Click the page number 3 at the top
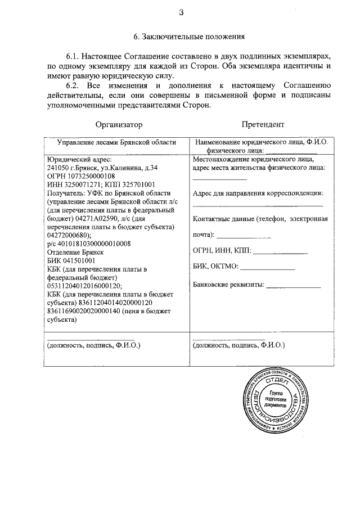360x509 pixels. [181, 12]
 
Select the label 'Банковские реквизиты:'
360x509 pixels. [228, 284]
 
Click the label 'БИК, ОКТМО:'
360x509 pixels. [217, 267]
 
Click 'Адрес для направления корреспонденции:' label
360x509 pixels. [258, 193]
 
